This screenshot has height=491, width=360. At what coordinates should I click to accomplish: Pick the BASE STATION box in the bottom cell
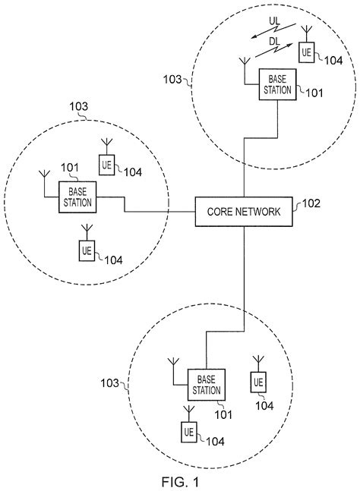pyautogui.click(x=206, y=385)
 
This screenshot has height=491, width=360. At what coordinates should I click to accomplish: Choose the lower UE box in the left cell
pyautogui.click(x=85, y=248)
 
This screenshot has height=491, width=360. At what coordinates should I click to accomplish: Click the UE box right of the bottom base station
pyautogui.click(x=259, y=381)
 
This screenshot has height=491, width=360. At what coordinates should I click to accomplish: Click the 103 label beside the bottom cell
pyautogui.click(x=109, y=383)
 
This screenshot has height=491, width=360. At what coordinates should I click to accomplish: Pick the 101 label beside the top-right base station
pyautogui.click(x=312, y=93)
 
